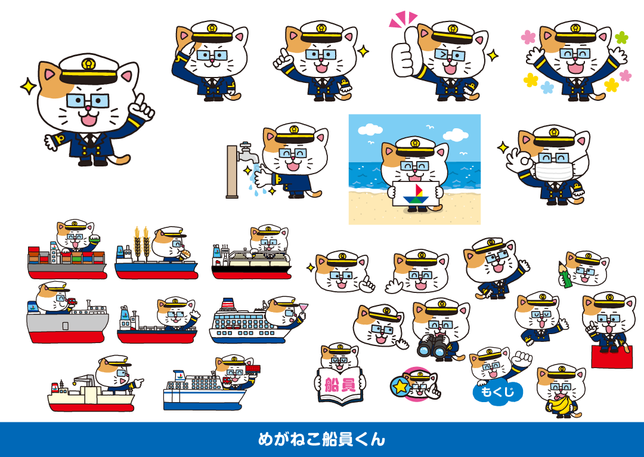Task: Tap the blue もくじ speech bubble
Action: pyautogui.click(x=497, y=391)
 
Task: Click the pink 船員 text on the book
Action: pyautogui.click(x=340, y=385)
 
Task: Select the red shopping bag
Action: pyautogui.click(x=612, y=356)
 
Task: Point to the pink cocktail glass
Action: pyautogui.click(x=304, y=308)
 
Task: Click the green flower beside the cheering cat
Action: pyautogui.click(x=622, y=38)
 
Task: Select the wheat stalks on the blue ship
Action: pyautogui.click(x=141, y=242)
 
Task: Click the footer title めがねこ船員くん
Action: pyautogui.click(x=321, y=439)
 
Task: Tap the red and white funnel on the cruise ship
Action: pyautogui.click(x=228, y=304)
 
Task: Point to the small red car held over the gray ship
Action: pyautogui.click(x=72, y=302)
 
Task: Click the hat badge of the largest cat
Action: pyautogui.click(x=88, y=63)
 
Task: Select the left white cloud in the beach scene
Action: pyautogui.click(x=370, y=129)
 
